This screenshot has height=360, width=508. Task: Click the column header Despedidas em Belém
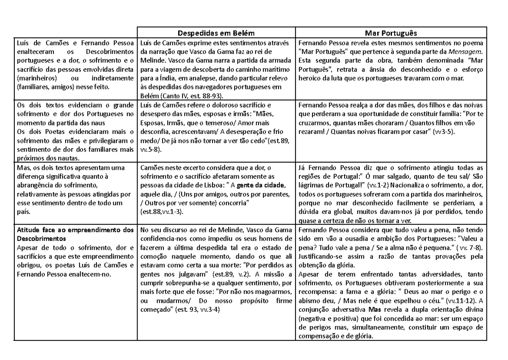[x=215, y=33]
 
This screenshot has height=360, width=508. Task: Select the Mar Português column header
[x=392, y=33]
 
